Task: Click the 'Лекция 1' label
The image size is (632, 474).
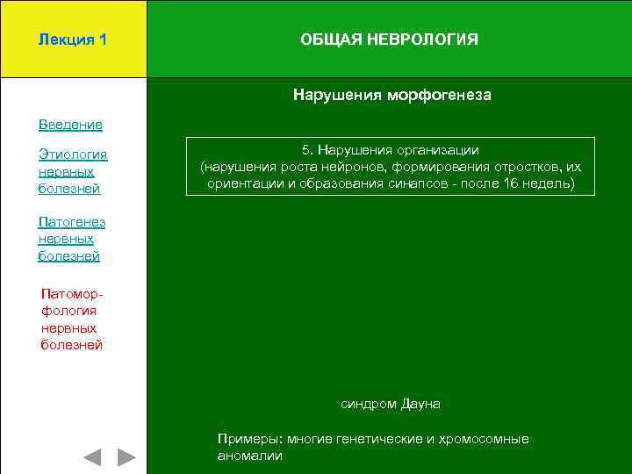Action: tap(73, 39)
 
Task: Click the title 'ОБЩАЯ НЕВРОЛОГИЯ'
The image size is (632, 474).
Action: tap(389, 39)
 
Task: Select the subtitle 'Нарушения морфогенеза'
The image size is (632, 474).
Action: tap(391, 95)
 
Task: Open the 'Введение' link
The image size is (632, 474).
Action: tap(70, 125)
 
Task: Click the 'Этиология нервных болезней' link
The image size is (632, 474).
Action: tap(72, 171)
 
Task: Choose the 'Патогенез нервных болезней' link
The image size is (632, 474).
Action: tap(71, 239)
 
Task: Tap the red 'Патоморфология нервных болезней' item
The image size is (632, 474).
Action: tap(72, 320)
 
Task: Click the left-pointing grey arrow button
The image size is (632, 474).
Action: tap(92, 457)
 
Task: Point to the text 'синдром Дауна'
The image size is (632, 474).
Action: tap(390, 404)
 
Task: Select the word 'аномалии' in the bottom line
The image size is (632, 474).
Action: tap(249, 456)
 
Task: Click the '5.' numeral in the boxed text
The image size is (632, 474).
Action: tap(307, 150)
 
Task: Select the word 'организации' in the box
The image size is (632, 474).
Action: tap(441, 150)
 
